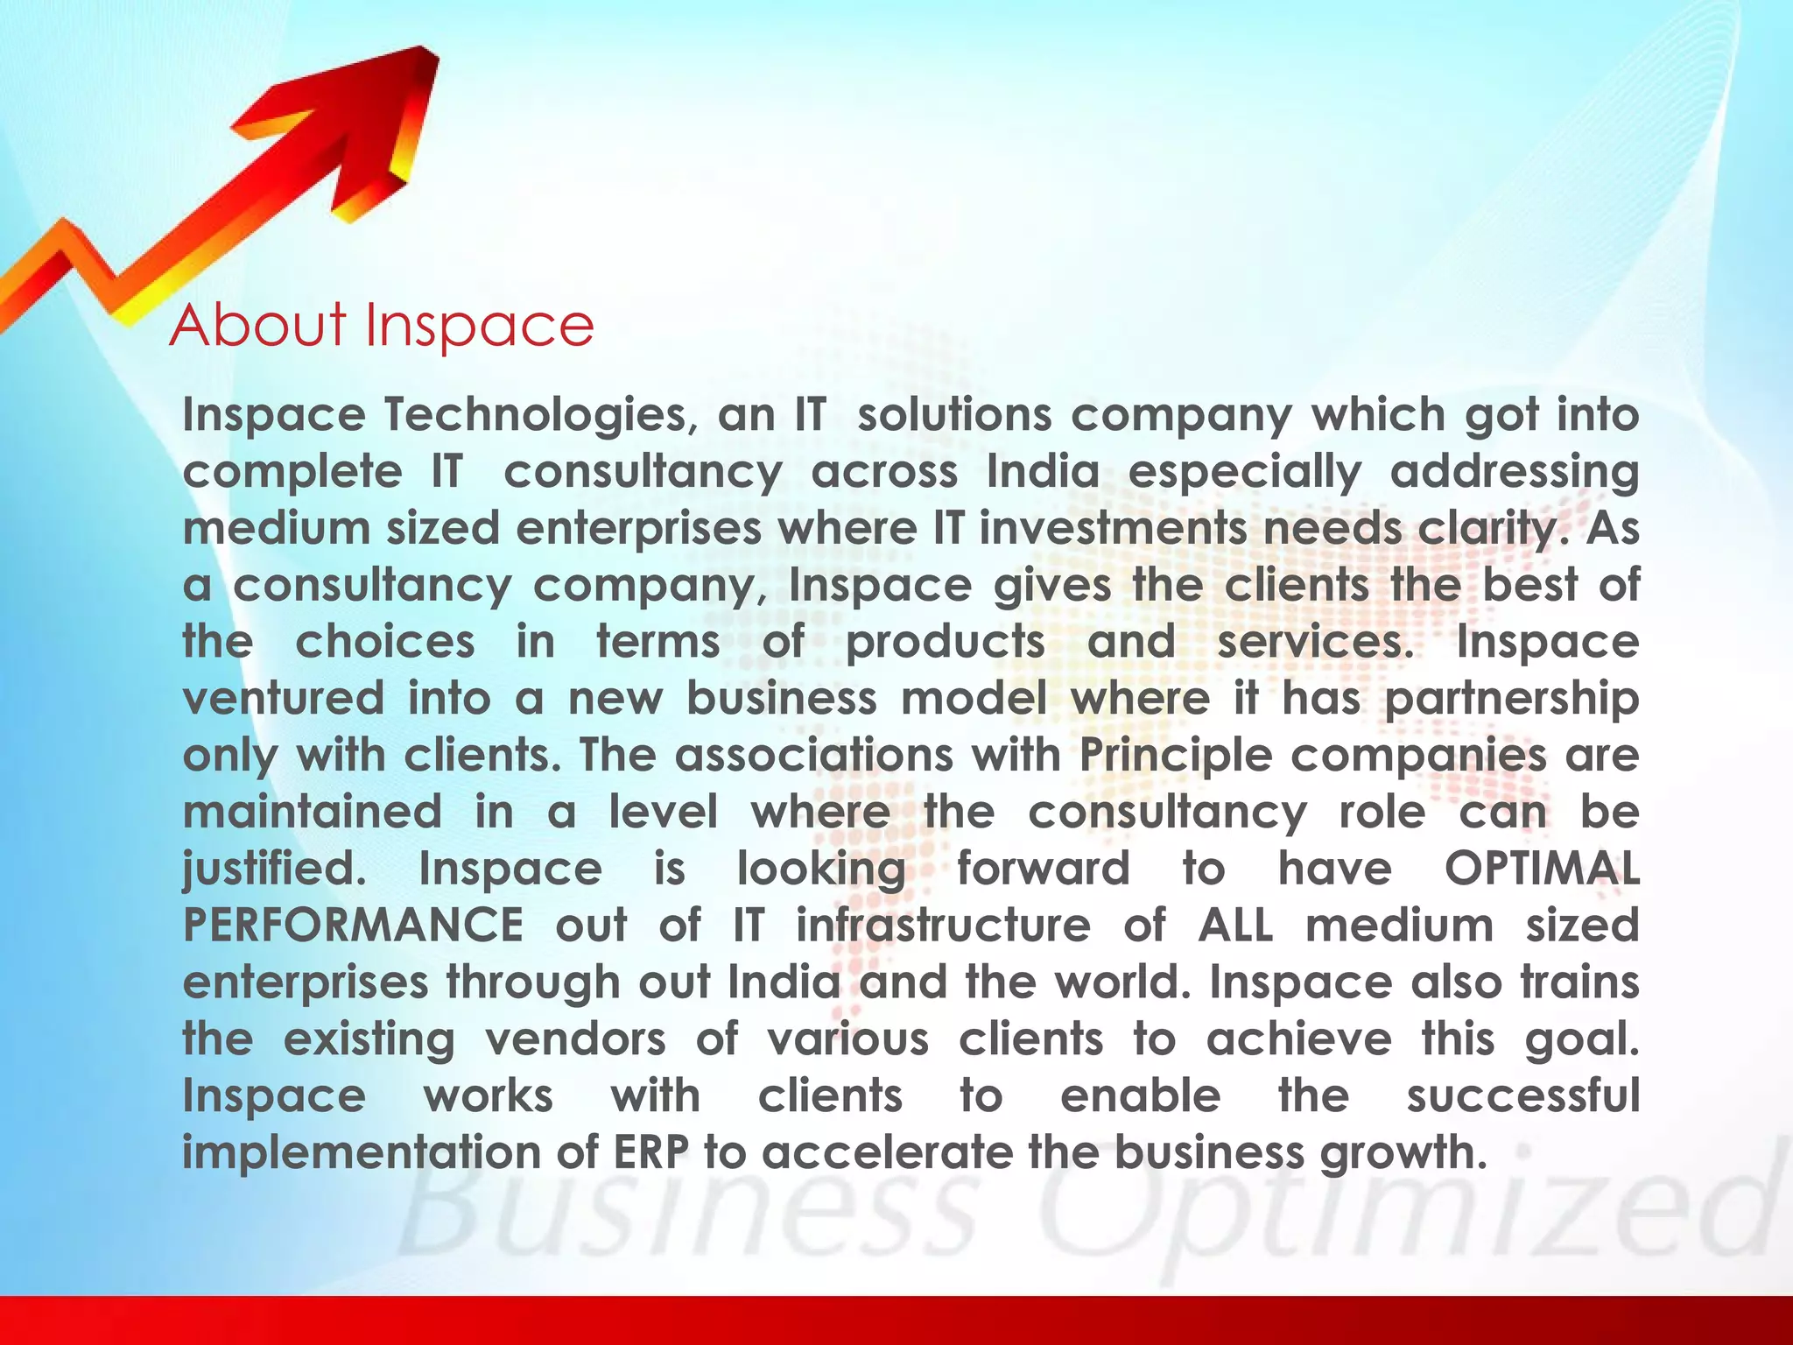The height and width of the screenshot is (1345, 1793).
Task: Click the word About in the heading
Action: (x=258, y=325)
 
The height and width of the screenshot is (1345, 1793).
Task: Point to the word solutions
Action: (x=954, y=414)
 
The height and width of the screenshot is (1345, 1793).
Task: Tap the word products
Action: (x=946, y=644)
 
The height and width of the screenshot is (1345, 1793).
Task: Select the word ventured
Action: (x=284, y=699)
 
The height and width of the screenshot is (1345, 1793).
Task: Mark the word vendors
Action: (x=575, y=1039)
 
